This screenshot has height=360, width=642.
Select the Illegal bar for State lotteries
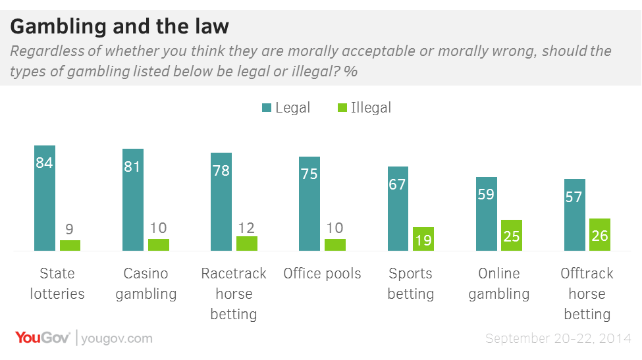pyautogui.click(x=70, y=245)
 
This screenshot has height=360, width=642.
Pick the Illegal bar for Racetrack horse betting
pyautogui.click(x=247, y=243)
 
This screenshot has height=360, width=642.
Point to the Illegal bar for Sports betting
pyautogui.click(x=423, y=238)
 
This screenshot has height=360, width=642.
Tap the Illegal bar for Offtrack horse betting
pyautogui.click(x=600, y=234)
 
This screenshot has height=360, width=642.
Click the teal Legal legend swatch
pyautogui.click(x=266, y=108)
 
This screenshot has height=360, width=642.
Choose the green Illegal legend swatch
pyautogui.click(x=342, y=108)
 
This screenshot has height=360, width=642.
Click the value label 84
pyautogui.click(x=45, y=163)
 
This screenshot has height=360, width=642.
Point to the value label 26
pyautogui.click(x=600, y=234)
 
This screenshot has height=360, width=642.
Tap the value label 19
pyautogui.click(x=423, y=240)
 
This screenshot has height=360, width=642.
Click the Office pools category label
pyautogui.click(x=322, y=273)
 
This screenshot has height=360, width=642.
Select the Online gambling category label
pyautogui.click(x=498, y=284)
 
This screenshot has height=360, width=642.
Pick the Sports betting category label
pyautogui.click(x=410, y=284)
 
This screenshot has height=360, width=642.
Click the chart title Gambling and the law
pyautogui.click(x=120, y=26)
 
